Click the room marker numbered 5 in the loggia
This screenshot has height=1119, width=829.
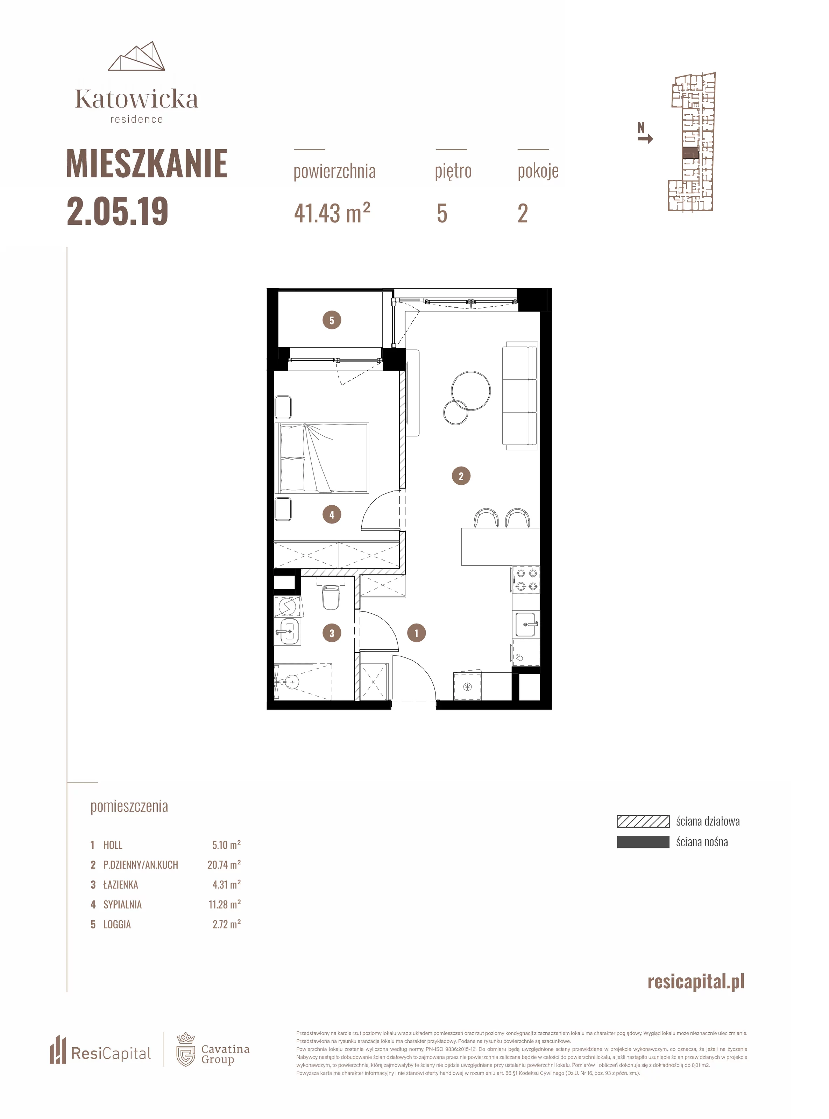332,320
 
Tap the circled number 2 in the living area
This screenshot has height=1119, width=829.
461,476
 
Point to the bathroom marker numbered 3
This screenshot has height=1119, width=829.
332,633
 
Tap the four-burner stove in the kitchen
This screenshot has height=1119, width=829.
526,580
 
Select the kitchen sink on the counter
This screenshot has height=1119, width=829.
526,625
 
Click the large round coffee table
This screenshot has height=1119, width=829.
471,391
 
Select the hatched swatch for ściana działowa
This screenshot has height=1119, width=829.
643,821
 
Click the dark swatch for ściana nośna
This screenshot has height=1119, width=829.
643,842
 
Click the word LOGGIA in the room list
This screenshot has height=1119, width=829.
117,924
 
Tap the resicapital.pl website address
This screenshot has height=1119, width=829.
696,982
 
